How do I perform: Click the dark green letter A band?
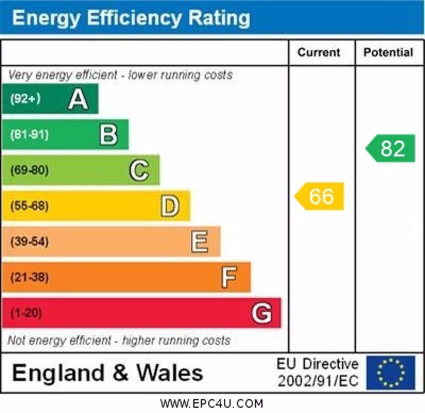(50, 99)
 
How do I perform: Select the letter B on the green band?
(108, 135)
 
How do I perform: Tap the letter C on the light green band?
(139, 170)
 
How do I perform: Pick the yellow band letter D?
(170, 206)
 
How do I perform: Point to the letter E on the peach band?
(200, 242)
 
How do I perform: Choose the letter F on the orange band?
(229, 277)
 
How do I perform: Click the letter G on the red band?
(261, 313)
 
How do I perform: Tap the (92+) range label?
(25, 99)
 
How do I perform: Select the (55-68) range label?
(29, 206)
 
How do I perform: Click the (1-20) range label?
(26, 313)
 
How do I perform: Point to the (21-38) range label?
(29, 277)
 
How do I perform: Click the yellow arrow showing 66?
(320, 196)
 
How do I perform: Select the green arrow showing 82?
(391, 148)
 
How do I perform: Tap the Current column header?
(319, 52)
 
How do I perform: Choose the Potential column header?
(388, 52)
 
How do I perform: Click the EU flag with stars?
(390, 373)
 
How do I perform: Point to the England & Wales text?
(107, 373)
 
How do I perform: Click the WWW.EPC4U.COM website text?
(211, 404)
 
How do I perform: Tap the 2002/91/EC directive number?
(318, 381)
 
